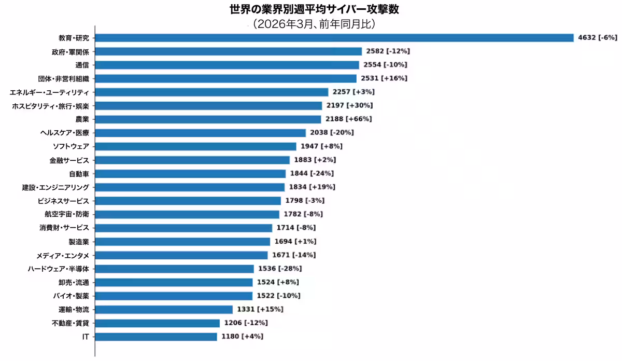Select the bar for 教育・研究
click(x=334, y=38)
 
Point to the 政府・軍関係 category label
click(x=70, y=51)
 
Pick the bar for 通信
click(x=227, y=65)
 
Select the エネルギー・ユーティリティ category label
click(x=49, y=92)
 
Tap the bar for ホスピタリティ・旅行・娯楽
click(x=208, y=105)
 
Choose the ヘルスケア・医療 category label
click(x=65, y=132)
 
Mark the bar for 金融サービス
click(x=192, y=160)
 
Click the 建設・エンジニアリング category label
click(x=55, y=187)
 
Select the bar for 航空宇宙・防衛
click(x=187, y=214)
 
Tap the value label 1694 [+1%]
click(x=295, y=241)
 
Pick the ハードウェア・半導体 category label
click(x=59, y=269)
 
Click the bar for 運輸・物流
click(x=164, y=309)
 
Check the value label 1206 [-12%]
click(x=246, y=323)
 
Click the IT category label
click(x=86, y=337)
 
